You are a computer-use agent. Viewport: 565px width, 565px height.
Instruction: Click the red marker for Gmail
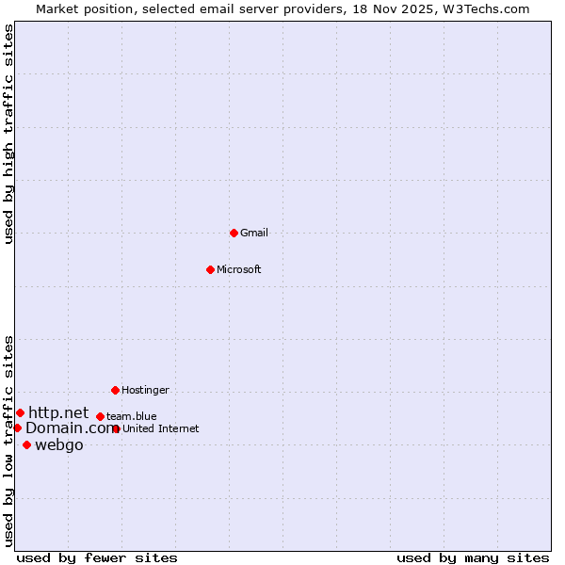tap(234, 233)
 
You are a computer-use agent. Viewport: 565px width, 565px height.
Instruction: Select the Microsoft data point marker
tap(210, 269)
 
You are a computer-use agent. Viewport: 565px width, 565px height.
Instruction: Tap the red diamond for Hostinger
tap(115, 390)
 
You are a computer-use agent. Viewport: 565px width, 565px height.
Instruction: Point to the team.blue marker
tap(100, 416)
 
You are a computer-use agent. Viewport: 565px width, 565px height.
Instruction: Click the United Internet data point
tap(116, 428)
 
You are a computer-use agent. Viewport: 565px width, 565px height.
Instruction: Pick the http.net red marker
tap(20, 412)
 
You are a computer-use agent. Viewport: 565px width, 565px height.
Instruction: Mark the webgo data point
tap(26, 444)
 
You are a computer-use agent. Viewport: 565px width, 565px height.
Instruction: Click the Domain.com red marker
tap(17, 428)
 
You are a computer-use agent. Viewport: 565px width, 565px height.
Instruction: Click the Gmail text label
tap(254, 233)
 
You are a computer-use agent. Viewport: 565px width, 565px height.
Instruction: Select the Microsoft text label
tap(238, 269)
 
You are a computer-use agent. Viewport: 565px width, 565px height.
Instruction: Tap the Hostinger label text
tap(145, 390)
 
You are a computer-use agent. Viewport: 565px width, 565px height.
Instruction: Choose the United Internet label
tap(160, 428)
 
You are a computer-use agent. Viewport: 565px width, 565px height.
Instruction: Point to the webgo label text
tap(58, 444)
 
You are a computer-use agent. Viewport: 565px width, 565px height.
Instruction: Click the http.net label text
tap(58, 412)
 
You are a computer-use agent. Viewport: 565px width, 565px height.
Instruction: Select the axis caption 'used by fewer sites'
tap(97, 557)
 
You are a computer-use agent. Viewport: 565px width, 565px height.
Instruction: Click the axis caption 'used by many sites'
tap(473, 557)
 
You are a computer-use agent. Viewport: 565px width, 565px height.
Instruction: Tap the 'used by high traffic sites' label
tap(8, 134)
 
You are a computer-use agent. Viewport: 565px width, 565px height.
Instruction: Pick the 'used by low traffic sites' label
tap(8, 441)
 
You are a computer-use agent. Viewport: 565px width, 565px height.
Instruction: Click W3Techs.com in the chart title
tap(487, 8)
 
